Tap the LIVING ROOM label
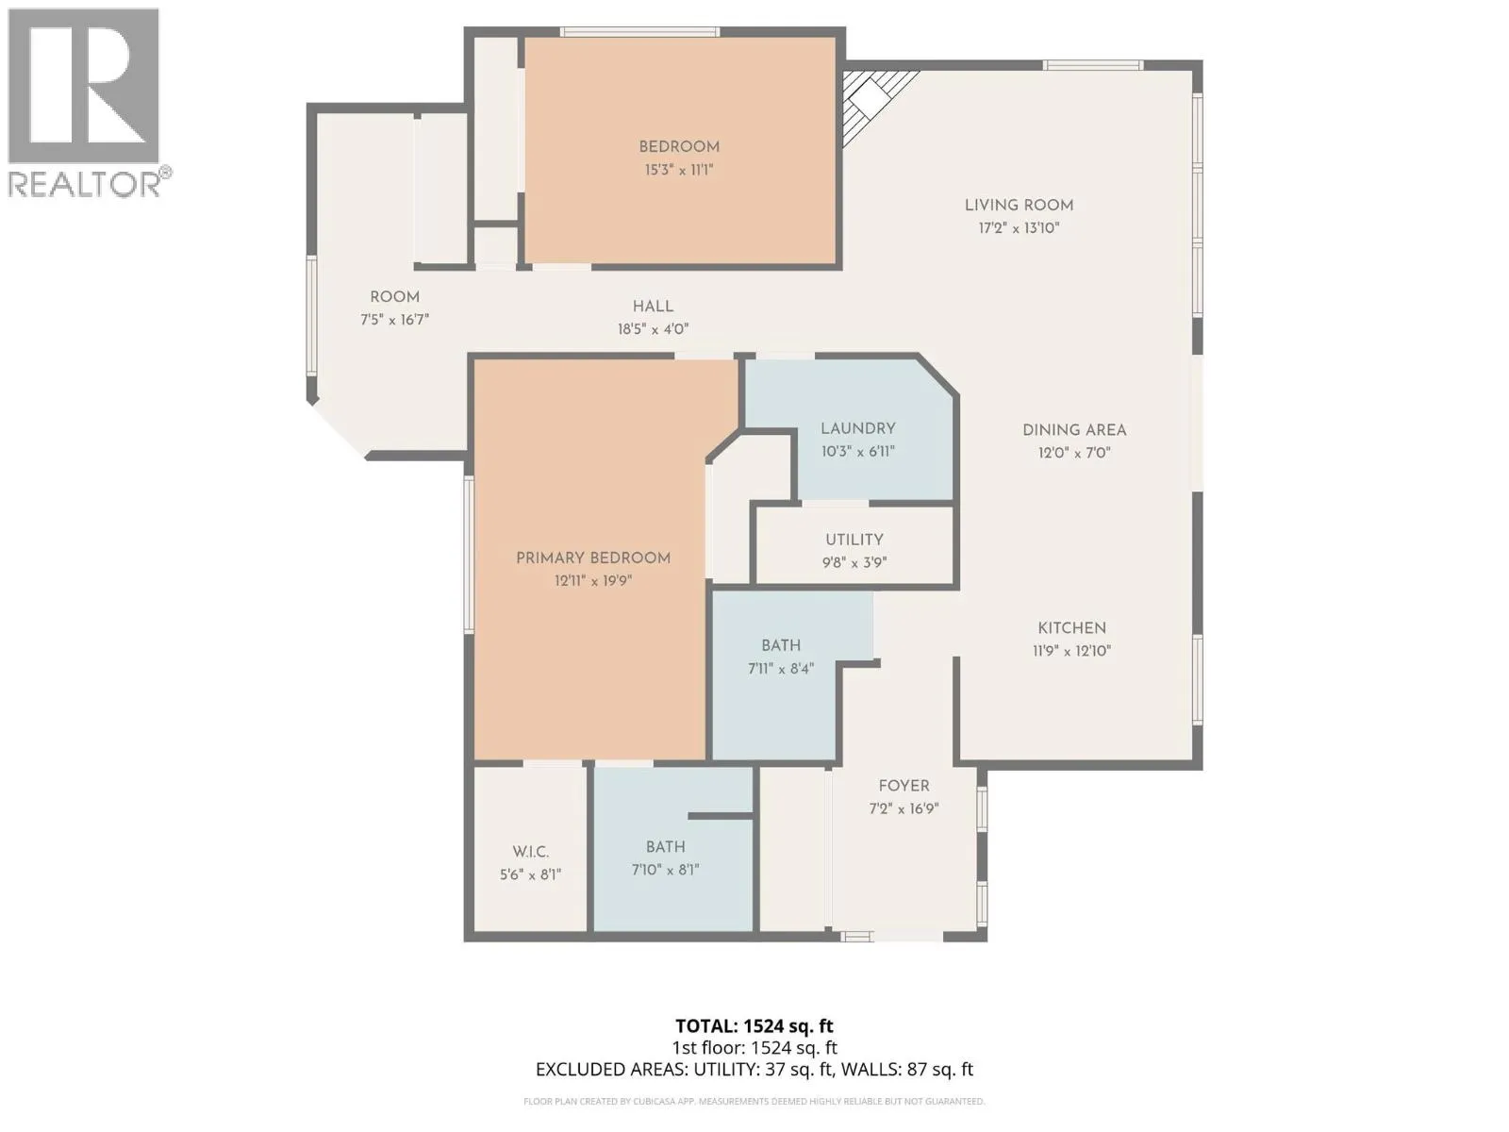click(1019, 205)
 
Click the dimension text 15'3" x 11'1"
click(678, 170)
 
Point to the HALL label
click(653, 307)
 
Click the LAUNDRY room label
click(857, 428)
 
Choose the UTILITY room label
click(854, 540)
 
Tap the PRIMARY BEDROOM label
click(592, 558)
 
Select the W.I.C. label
click(530, 852)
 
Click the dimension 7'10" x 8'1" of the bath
click(665, 870)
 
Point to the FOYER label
click(904, 786)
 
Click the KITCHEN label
click(1071, 628)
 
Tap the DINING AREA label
click(1074, 430)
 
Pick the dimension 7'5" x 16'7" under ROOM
click(394, 320)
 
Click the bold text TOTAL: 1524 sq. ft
click(754, 1026)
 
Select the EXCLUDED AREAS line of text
click(754, 1070)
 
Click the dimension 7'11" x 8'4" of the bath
click(780, 668)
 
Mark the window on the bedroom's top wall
click(638, 32)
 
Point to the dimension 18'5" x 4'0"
click(653, 329)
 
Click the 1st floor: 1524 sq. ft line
click(754, 1048)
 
